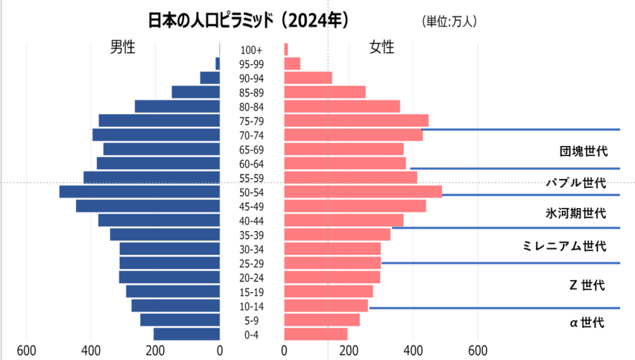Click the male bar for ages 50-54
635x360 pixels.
140,192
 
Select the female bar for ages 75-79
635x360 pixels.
356,121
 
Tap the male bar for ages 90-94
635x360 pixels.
210,78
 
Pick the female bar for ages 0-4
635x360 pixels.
316,335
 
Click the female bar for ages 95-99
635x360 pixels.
292,63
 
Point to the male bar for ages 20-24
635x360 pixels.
170,277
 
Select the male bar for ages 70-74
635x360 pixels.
156,135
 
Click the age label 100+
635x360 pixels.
251,50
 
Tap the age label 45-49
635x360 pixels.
251,206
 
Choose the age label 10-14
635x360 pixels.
251,306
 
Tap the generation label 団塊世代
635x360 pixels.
584,152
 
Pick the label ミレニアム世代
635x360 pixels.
563,246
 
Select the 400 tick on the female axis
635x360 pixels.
413,350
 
